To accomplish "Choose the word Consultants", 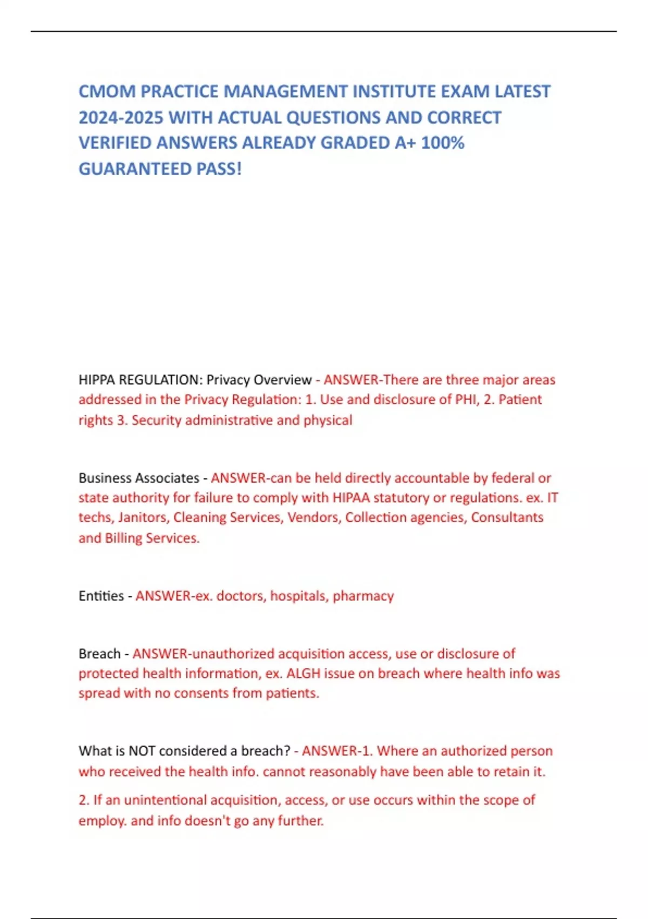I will pyautogui.click(x=507, y=517).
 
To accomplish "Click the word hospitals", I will pyautogui.click(x=299, y=596).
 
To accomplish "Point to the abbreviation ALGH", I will pyautogui.click(x=303, y=674).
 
